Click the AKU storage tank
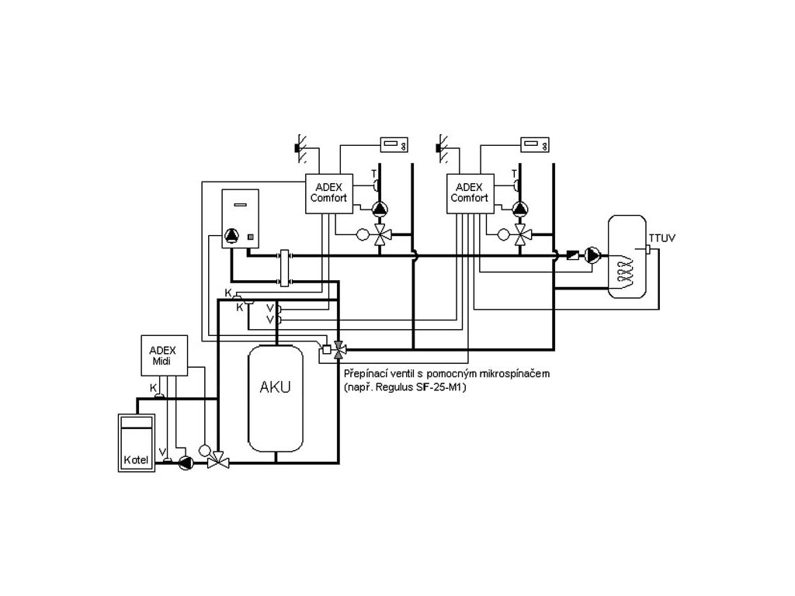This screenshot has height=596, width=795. click(276, 398)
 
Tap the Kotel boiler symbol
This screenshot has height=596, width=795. click(137, 443)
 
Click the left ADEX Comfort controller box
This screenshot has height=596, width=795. click(328, 193)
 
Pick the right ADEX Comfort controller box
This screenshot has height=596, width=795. click(470, 193)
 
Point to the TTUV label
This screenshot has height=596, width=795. click(661, 237)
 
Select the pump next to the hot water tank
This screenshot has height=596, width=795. click(592, 255)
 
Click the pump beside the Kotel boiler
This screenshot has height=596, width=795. click(186, 463)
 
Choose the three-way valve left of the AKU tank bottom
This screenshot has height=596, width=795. click(218, 460)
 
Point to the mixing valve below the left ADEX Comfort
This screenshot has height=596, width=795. click(380, 234)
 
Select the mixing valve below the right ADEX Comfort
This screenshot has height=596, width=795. click(520, 234)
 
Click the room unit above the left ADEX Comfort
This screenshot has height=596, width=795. click(394, 145)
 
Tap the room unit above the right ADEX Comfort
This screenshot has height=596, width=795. click(535, 145)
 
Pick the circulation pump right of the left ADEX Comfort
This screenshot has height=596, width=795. click(380, 208)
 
